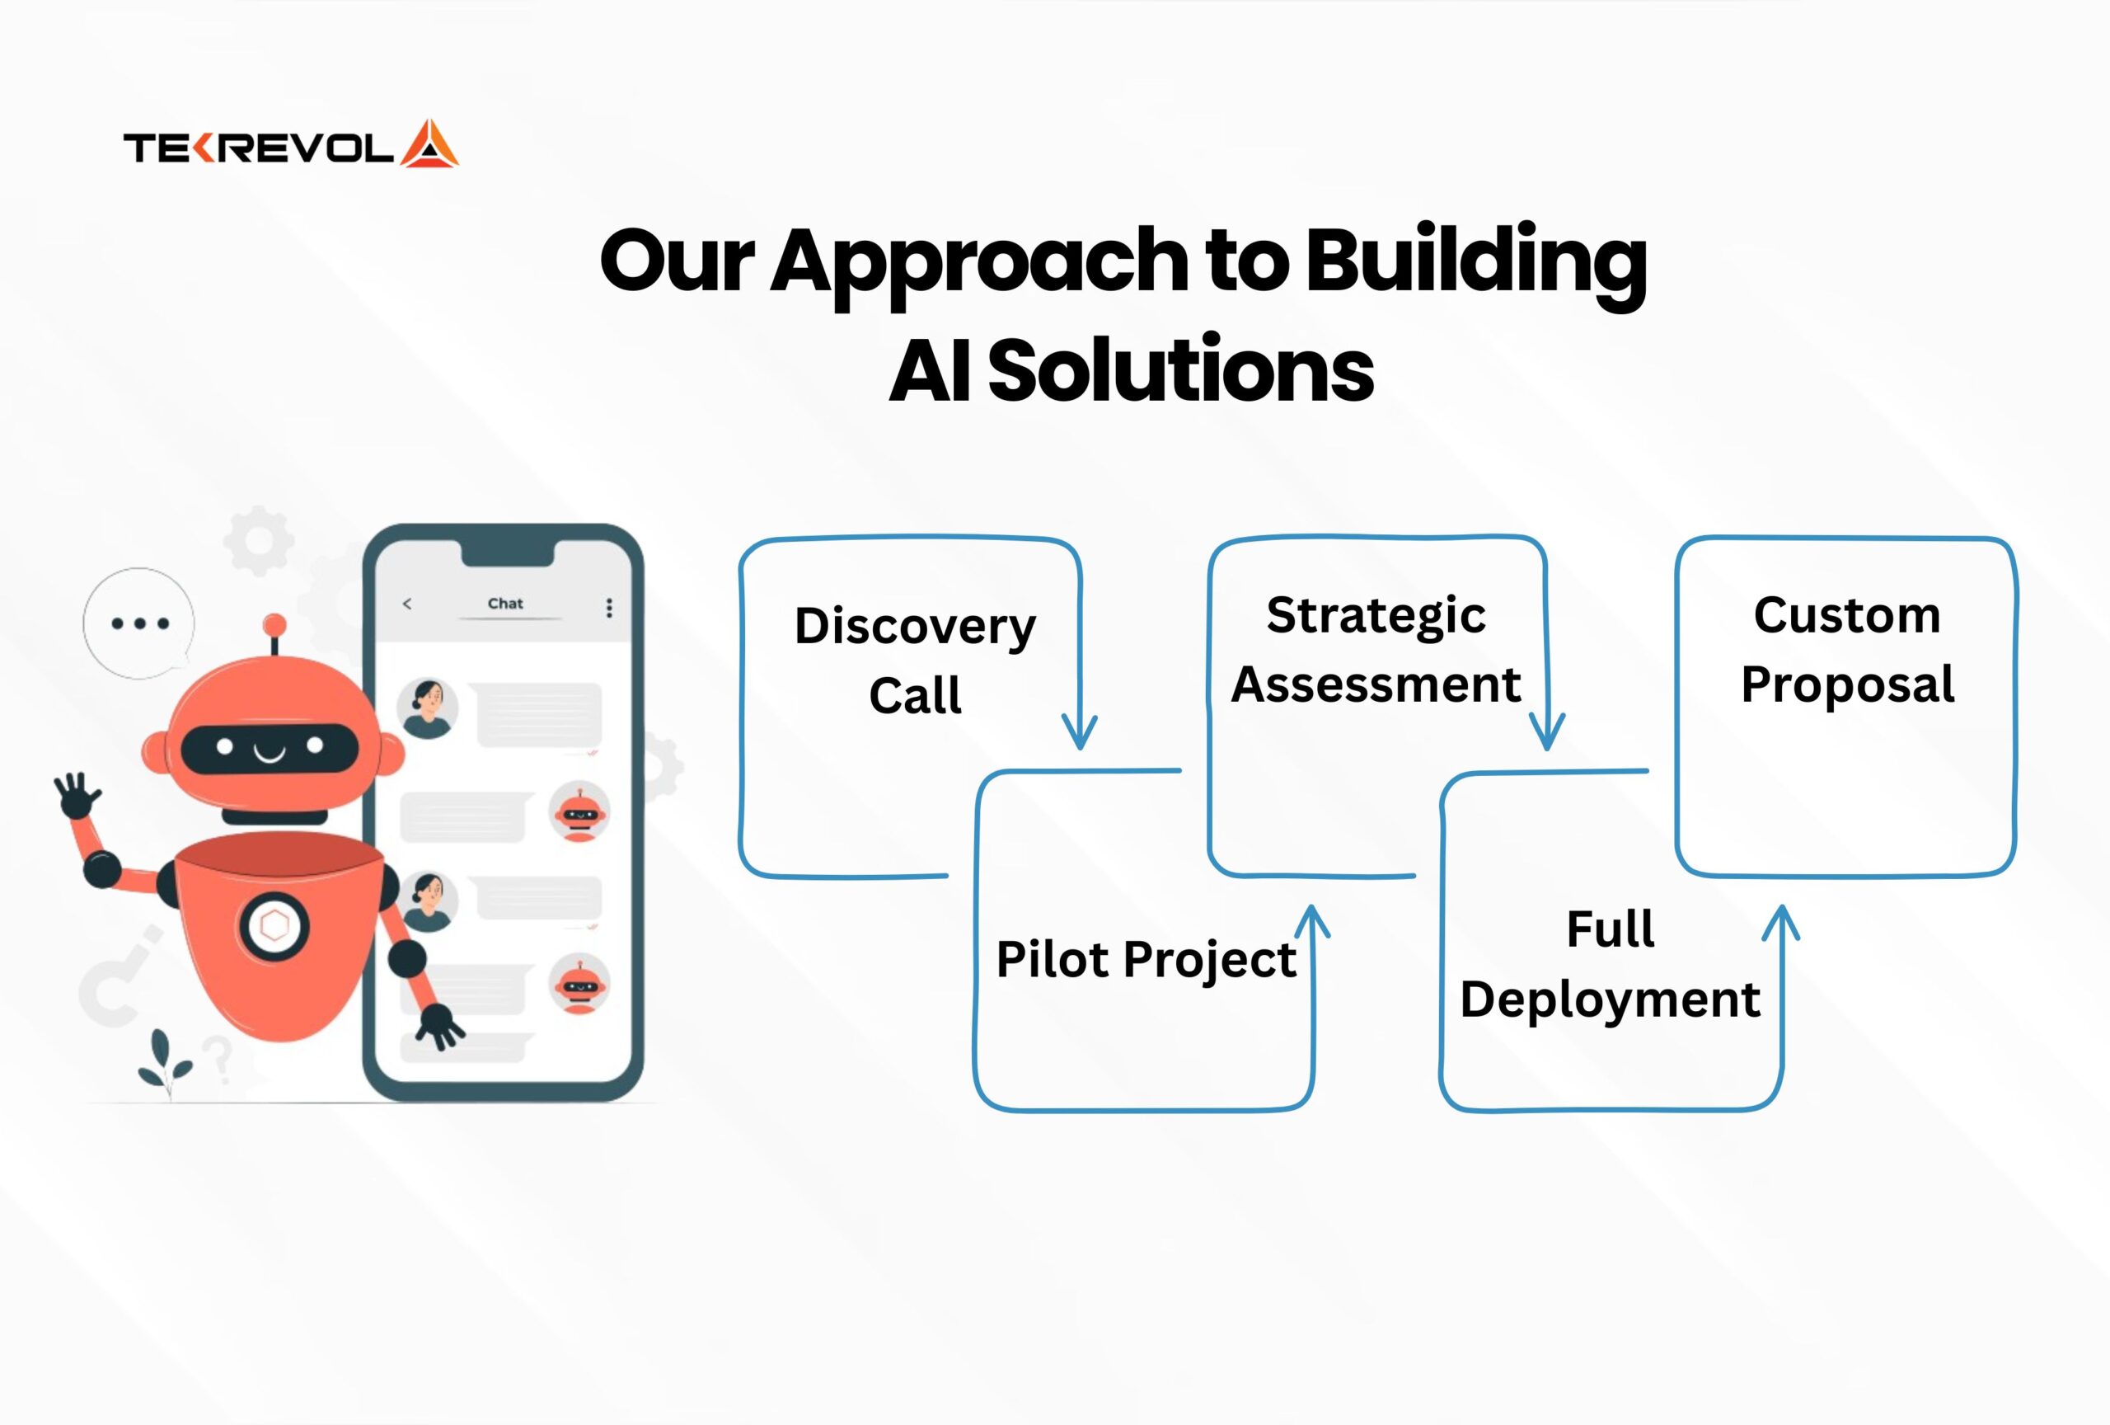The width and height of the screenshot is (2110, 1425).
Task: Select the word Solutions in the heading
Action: tap(1180, 369)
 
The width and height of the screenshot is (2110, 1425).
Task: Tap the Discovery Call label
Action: tap(914, 661)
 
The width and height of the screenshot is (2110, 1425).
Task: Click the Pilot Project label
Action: tap(1146, 961)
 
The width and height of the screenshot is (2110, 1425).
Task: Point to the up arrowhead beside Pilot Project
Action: tap(1312, 921)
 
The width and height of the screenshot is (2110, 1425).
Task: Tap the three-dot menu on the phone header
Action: tap(609, 608)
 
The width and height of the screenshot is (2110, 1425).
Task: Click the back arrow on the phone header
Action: tap(406, 603)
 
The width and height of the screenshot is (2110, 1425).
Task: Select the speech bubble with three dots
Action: tap(139, 624)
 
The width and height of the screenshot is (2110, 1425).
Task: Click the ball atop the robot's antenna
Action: tap(274, 625)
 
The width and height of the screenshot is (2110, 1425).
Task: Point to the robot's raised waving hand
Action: tap(77, 795)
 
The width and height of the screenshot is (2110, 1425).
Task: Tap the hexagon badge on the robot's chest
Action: tap(274, 926)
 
